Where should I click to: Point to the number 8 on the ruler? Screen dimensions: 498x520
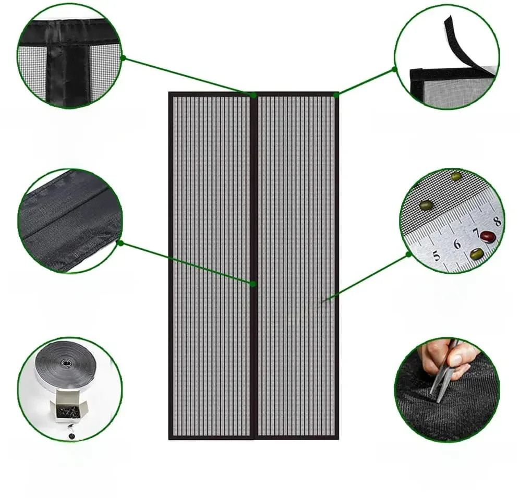click(497, 221)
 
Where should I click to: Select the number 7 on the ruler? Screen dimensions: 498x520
click(476, 232)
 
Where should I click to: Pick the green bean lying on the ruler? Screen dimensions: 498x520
click(475, 254)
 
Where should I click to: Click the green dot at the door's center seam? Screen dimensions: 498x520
click(253, 284)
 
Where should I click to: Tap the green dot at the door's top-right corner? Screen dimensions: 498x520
click(336, 95)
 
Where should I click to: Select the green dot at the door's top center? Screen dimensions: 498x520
click(253, 95)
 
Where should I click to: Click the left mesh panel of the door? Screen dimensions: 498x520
click(211, 266)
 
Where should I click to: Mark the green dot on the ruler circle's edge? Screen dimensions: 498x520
click(409, 254)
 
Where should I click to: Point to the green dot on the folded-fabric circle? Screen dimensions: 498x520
click(120, 242)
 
